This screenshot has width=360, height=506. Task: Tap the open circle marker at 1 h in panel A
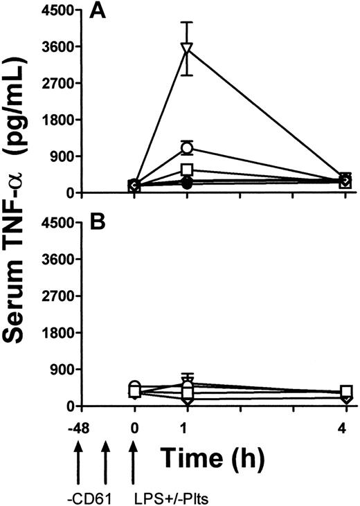tap(186, 147)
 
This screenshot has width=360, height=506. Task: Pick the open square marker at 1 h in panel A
tap(186, 170)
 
